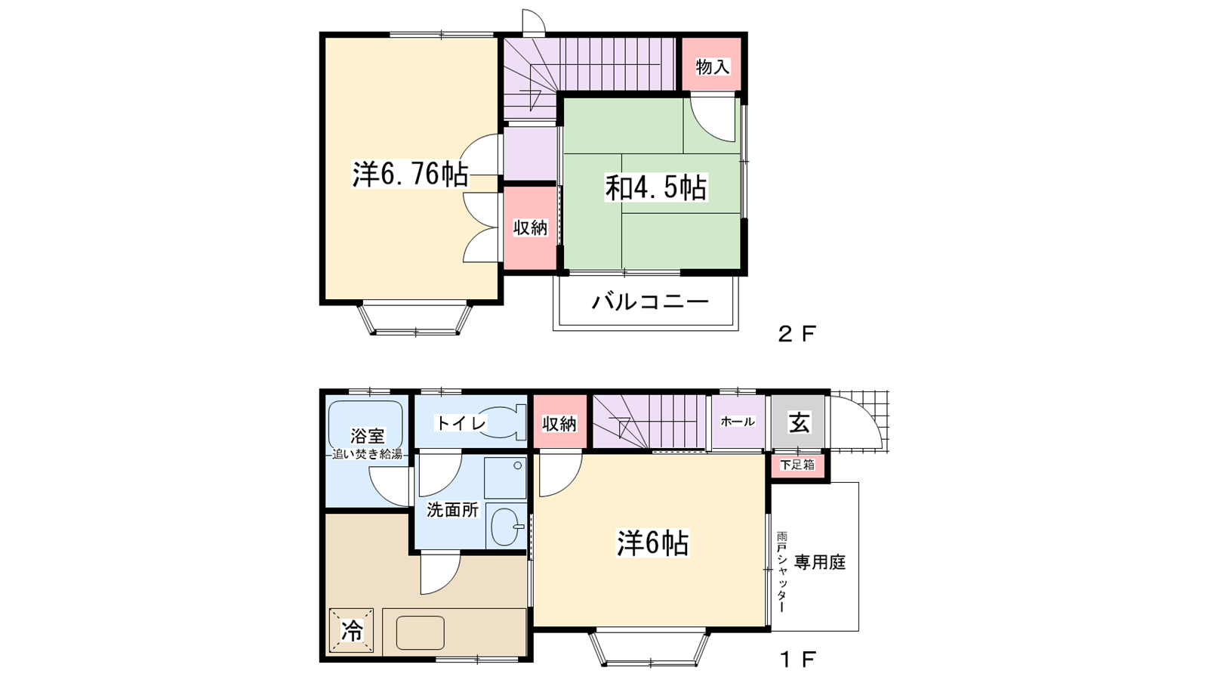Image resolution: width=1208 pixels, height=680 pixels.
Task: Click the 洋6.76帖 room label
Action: click(x=410, y=175)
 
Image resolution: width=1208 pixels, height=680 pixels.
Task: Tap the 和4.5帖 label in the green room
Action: click(x=655, y=187)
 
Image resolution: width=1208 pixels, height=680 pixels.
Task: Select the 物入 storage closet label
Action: click(x=712, y=66)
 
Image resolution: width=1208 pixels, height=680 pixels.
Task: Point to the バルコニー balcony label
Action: click(x=650, y=302)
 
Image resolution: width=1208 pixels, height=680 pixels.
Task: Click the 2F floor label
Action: click(x=797, y=333)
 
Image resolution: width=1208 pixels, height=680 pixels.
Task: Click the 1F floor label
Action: click(x=797, y=660)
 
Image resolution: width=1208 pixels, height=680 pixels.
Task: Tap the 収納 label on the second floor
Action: click(x=530, y=227)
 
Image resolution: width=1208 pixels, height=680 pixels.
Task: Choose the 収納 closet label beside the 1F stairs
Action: click(x=559, y=424)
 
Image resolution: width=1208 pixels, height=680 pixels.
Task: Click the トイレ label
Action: click(x=461, y=423)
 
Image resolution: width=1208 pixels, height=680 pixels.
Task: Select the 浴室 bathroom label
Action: click(x=367, y=436)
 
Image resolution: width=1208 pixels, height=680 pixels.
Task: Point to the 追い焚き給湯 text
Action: click(x=368, y=454)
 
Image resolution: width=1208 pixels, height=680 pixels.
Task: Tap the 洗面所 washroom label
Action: click(x=452, y=509)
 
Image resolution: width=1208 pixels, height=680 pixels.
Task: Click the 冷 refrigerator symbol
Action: click(x=351, y=630)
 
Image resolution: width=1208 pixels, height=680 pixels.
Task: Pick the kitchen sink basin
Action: click(x=420, y=632)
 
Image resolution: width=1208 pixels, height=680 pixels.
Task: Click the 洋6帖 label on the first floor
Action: click(x=652, y=542)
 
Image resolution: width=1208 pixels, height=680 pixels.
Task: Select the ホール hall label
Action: click(x=738, y=422)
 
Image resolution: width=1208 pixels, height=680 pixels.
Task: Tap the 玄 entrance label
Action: click(x=799, y=422)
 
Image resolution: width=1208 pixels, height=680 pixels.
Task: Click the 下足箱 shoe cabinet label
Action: click(x=797, y=465)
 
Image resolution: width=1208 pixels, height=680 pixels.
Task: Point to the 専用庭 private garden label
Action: click(x=819, y=562)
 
